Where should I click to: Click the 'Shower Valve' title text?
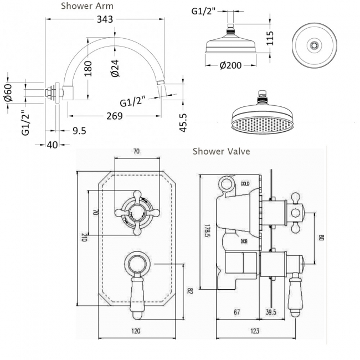[x=221, y=151]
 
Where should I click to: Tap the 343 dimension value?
[x=104, y=19]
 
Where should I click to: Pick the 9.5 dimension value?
[x=80, y=131]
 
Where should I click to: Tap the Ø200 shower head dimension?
[x=231, y=65]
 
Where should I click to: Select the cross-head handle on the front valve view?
[x=136, y=210]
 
